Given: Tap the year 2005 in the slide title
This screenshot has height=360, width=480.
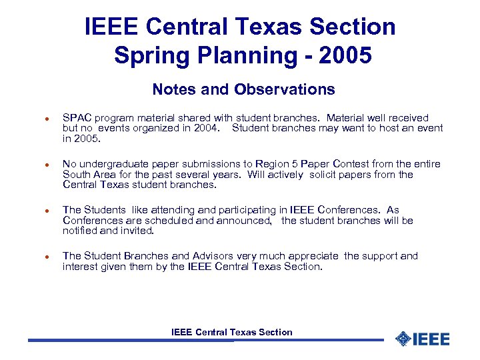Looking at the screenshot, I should point(345,55).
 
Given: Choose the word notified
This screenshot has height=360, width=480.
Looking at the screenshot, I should point(81,231).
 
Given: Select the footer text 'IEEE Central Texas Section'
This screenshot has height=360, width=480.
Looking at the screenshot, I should point(231,332).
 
